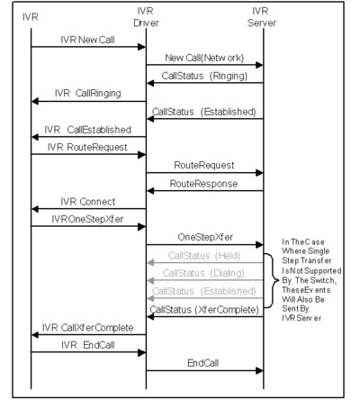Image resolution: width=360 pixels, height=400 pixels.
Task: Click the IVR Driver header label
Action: point(146,17)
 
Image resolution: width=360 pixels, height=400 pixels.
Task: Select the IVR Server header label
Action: point(261,17)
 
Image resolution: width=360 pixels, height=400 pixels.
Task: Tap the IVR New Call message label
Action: point(87,40)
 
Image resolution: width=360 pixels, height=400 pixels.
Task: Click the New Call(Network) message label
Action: point(204,58)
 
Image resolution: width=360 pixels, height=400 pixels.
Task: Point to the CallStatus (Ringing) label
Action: point(204,76)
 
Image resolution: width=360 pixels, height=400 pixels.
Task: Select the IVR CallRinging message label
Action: point(88,94)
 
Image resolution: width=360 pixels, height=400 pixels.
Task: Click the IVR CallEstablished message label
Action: point(88,130)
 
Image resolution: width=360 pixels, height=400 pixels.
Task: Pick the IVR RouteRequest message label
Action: point(87,148)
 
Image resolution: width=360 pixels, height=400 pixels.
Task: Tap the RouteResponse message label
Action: point(203,184)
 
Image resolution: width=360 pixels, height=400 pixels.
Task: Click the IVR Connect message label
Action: point(88,202)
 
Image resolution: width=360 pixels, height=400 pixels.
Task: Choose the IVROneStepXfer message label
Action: point(87,219)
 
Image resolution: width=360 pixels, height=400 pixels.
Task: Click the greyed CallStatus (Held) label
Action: point(204,256)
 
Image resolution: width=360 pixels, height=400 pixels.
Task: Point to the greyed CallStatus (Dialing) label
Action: point(203,273)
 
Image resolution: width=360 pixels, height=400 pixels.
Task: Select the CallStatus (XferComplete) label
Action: point(204,309)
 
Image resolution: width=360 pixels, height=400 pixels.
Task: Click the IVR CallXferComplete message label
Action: point(88,327)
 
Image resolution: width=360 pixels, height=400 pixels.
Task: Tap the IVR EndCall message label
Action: point(88,345)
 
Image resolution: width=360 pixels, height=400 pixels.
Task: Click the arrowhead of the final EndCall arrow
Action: point(259,370)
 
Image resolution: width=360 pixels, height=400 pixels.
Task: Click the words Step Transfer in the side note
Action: point(307,260)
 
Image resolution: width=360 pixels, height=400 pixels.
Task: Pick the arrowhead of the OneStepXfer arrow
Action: point(259,245)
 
